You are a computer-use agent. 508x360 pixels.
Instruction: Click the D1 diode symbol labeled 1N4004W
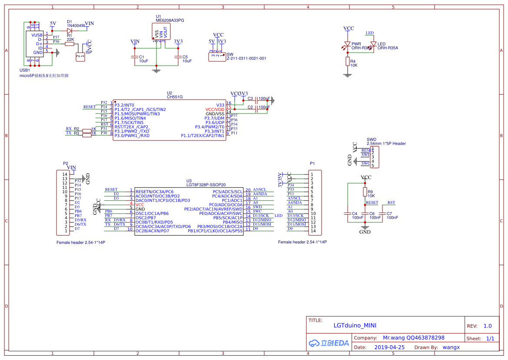70,30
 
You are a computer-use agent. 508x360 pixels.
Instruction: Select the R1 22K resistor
70,44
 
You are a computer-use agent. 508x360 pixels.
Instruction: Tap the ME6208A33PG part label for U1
170,20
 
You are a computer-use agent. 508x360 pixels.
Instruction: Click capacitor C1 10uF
134,57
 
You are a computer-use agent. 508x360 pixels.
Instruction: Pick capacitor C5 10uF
177,57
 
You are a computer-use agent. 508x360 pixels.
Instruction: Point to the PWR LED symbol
347,44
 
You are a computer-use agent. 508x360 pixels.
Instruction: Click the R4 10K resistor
347,61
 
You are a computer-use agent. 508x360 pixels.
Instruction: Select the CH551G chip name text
175,97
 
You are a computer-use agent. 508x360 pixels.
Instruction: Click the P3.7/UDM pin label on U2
214,118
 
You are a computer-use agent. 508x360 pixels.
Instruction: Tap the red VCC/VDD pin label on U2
215,109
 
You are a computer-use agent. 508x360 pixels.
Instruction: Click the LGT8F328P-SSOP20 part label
206,185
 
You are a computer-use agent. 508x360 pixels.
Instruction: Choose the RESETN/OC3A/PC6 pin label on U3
154,192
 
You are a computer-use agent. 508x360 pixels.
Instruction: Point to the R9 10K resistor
365,192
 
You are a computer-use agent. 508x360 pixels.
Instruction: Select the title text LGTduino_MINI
355,325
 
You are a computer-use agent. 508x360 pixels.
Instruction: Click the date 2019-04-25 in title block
389,347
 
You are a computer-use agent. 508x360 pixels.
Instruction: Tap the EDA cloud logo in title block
329,343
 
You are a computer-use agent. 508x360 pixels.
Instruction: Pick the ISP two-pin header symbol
80,57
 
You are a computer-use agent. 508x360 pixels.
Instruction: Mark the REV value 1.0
488,326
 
